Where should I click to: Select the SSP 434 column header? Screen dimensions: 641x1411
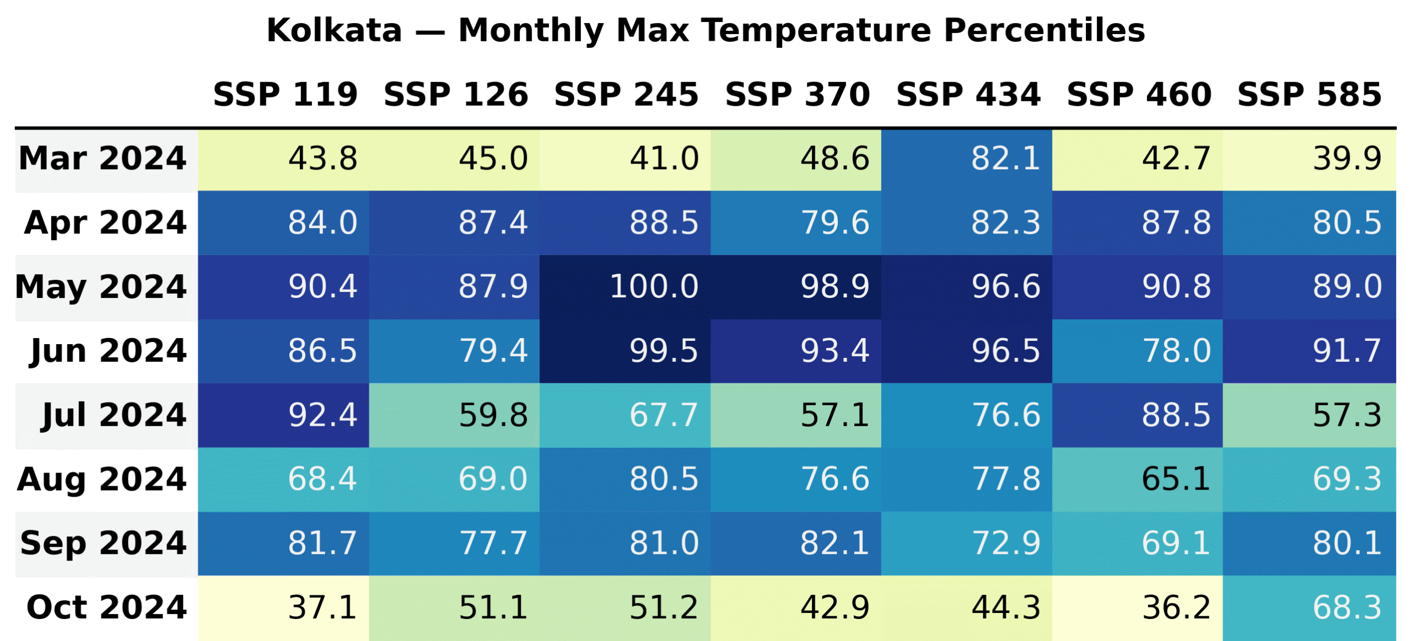(968, 94)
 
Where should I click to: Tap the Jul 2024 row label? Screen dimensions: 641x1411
(114, 415)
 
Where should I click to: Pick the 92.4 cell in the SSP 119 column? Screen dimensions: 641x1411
(322, 415)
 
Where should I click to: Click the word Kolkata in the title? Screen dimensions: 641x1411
(334, 30)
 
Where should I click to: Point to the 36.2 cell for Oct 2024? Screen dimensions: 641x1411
(1176, 607)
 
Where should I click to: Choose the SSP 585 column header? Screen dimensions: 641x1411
(1309, 94)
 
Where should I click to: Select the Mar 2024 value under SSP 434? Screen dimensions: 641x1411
(1005, 159)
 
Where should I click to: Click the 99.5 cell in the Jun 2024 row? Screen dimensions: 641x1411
(664, 351)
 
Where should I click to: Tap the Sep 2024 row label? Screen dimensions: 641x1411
(104, 544)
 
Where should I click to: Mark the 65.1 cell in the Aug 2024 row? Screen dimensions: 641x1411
(1176, 479)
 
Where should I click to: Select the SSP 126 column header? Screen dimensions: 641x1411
(456, 94)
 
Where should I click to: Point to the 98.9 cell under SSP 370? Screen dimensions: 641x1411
(834, 287)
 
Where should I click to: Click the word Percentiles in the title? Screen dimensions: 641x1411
(1044, 30)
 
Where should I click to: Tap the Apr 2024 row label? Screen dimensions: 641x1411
(105, 223)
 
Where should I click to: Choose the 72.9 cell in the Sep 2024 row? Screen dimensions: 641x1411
(1005, 544)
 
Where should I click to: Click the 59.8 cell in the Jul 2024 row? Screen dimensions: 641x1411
(493, 415)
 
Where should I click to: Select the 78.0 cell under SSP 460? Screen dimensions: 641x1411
(1176, 351)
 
